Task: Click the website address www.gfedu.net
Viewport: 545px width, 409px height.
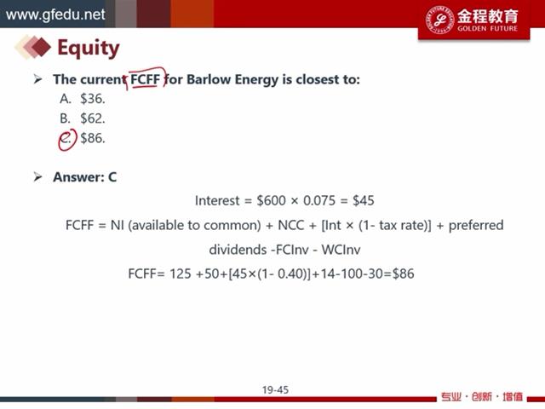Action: pyautogui.click(x=55, y=14)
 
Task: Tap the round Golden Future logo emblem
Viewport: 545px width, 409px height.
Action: pyautogui.click(x=439, y=20)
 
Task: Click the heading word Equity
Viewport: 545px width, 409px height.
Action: pyautogui.click(x=89, y=48)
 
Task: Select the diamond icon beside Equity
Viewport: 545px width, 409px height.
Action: pyautogui.click(x=33, y=47)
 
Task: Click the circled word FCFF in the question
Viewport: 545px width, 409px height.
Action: pyautogui.click(x=145, y=79)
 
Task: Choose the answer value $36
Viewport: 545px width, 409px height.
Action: pyautogui.click(x=93, y=99)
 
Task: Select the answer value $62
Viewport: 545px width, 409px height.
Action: pyautogui.click(x=93, y=118)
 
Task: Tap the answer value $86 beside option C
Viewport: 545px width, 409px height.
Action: pyautogui.click(x=93, y=138)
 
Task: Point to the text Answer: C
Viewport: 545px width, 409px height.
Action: pyautogui.click(x=85, y=177)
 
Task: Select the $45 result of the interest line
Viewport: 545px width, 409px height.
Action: pyautogui.click(x=364, y=201)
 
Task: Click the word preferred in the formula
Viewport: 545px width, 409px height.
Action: pyautogui.click(x=476, y=225)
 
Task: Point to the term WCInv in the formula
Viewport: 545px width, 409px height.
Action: pyautogui.click(x=341, y=250)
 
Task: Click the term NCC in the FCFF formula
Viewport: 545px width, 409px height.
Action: pyautogui.click(x=291, y=225)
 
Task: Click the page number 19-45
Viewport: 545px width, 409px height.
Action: pyautogui.click(x=275, y=390)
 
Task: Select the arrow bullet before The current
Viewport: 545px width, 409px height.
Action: pyautogui.click(x=37, y=79)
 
